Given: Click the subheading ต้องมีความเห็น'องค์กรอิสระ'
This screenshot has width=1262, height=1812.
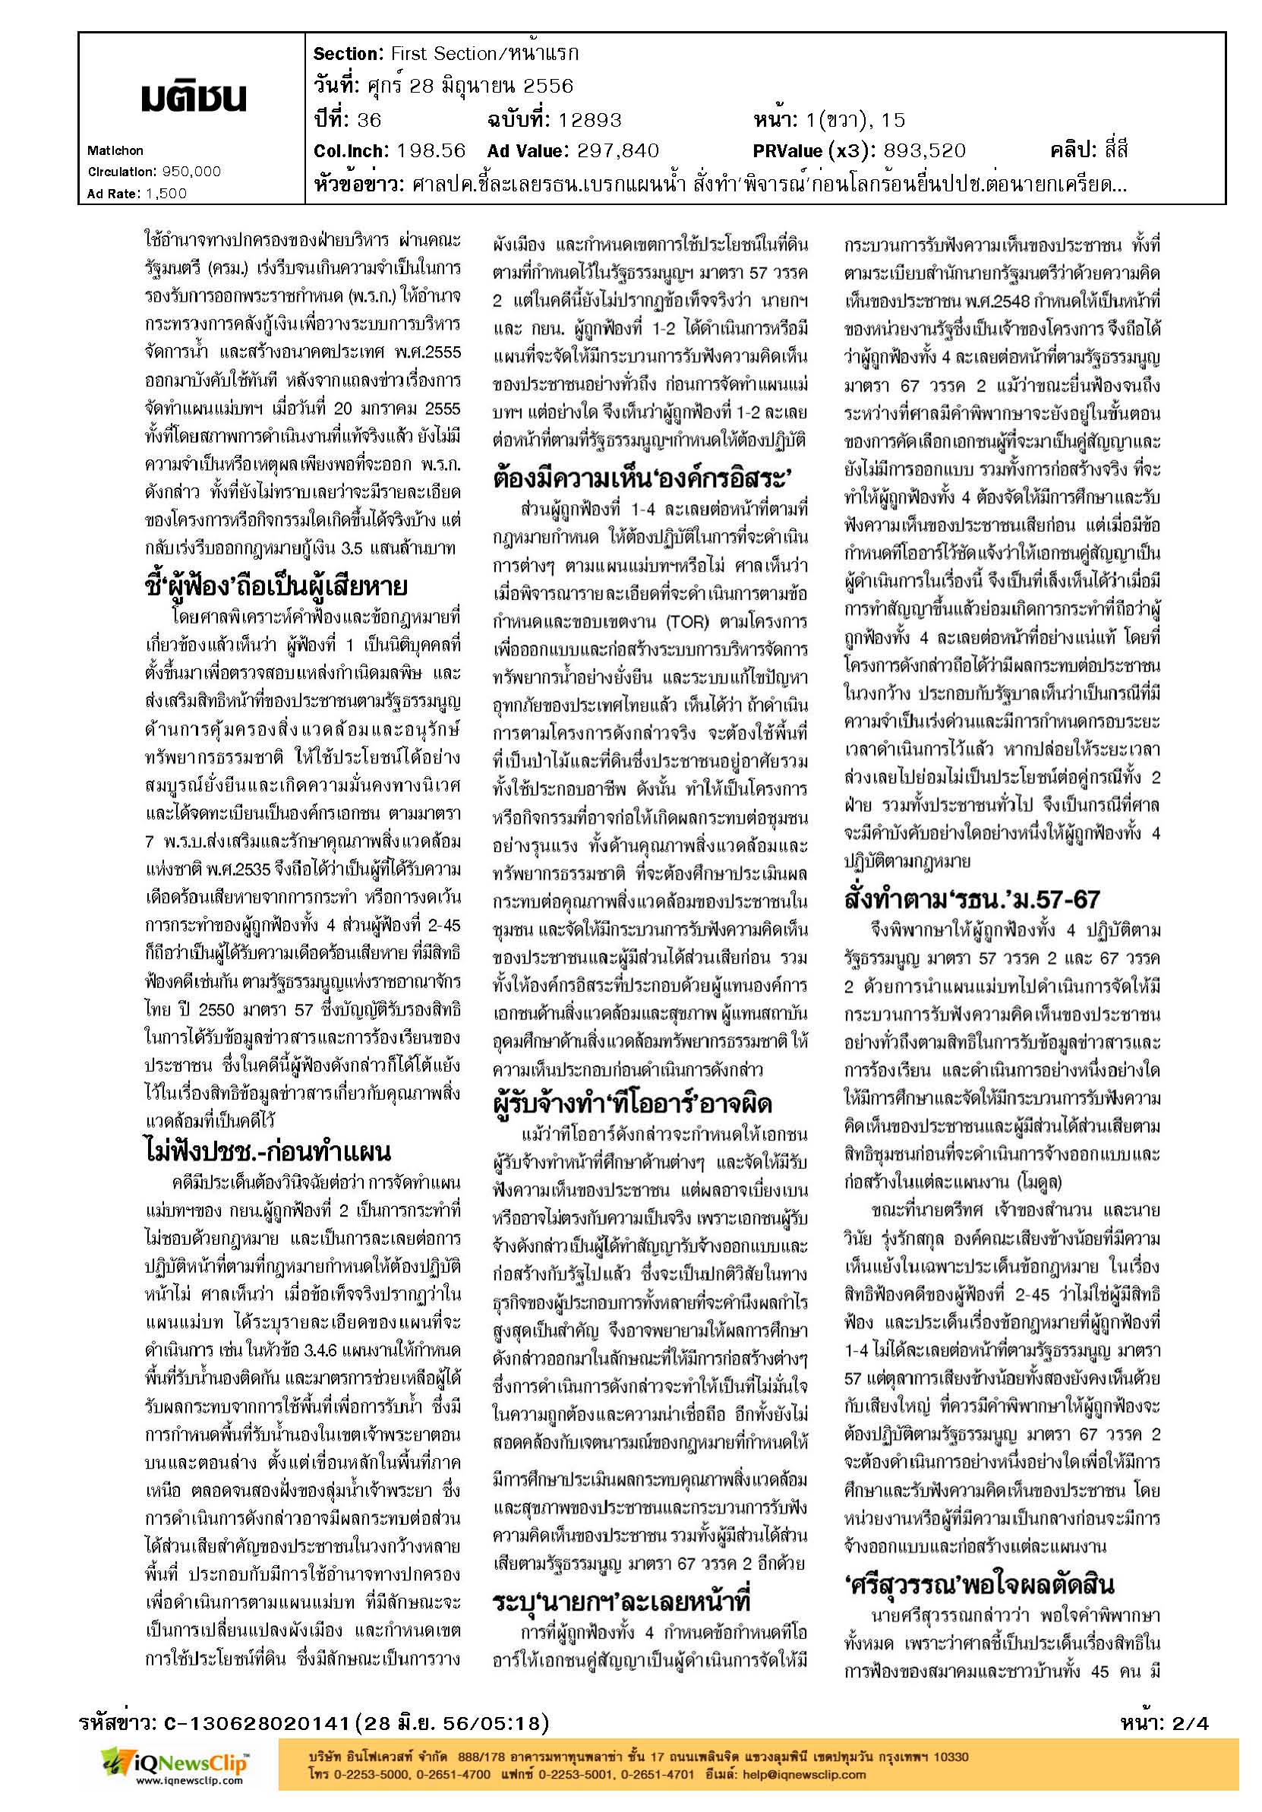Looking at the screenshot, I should (642, 478).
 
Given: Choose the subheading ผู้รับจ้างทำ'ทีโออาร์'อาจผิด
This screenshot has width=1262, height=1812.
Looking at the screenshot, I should (633, 1103).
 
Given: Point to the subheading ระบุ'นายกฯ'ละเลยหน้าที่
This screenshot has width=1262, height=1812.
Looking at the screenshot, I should (620, 1602).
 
